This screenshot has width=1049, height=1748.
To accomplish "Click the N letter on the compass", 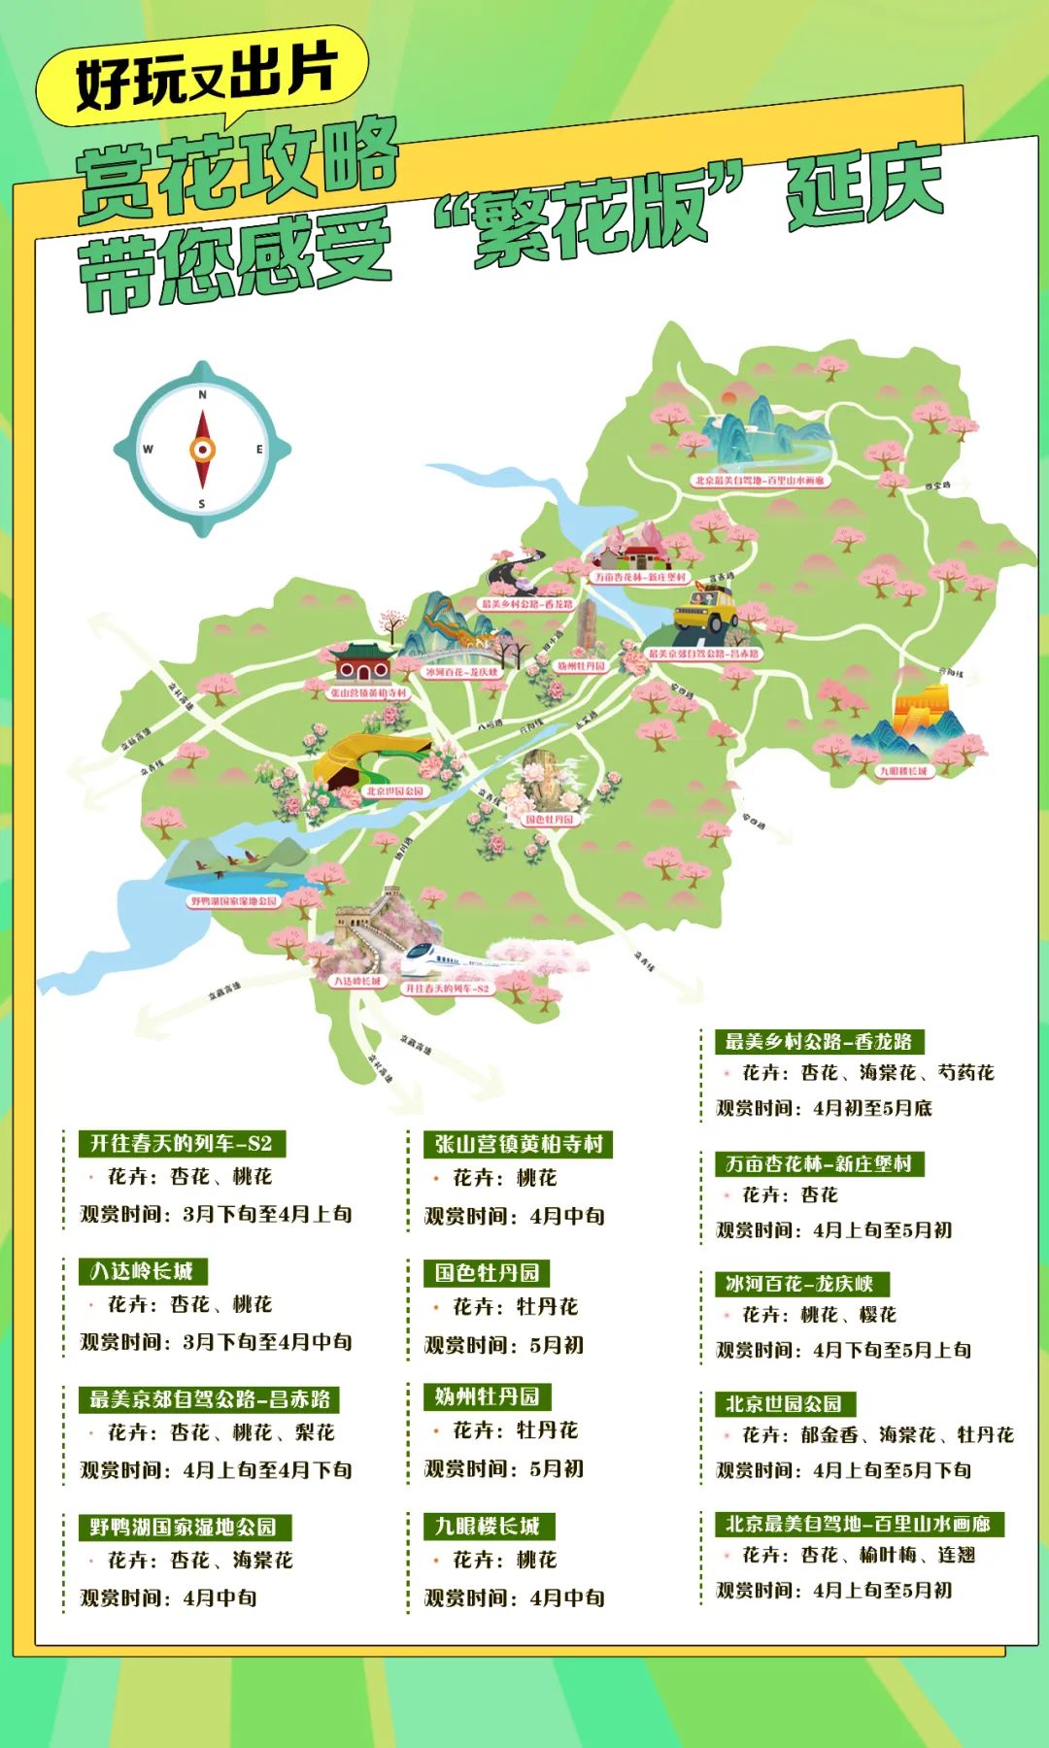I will coord(202,395).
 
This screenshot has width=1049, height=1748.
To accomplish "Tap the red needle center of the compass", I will coord(202,450).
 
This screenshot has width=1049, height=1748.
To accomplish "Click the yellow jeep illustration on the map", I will coord(706,611).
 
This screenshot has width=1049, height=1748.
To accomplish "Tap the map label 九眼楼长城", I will coord(903,771).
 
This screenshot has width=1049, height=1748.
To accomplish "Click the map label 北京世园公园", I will coord(394,791).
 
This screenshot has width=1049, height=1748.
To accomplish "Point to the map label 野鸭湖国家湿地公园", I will coord(233,901).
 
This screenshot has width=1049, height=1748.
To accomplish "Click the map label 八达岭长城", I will coord(358,981).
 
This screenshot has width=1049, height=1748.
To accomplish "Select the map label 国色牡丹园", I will coord(550,820).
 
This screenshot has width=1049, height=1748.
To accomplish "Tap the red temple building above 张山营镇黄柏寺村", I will coord(361,662).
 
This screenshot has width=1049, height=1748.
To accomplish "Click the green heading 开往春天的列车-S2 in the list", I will coord(182,1143).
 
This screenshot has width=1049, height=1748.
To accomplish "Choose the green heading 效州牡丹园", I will coord(487,1396).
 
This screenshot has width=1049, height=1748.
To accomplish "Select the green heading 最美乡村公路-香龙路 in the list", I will coord(819,1042).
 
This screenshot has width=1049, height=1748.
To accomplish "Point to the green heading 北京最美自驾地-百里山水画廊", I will coord(859,1524).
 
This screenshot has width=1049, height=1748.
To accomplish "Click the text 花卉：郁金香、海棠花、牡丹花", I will coord(877,1435).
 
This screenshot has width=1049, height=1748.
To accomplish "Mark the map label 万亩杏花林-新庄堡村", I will coord(640,577).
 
